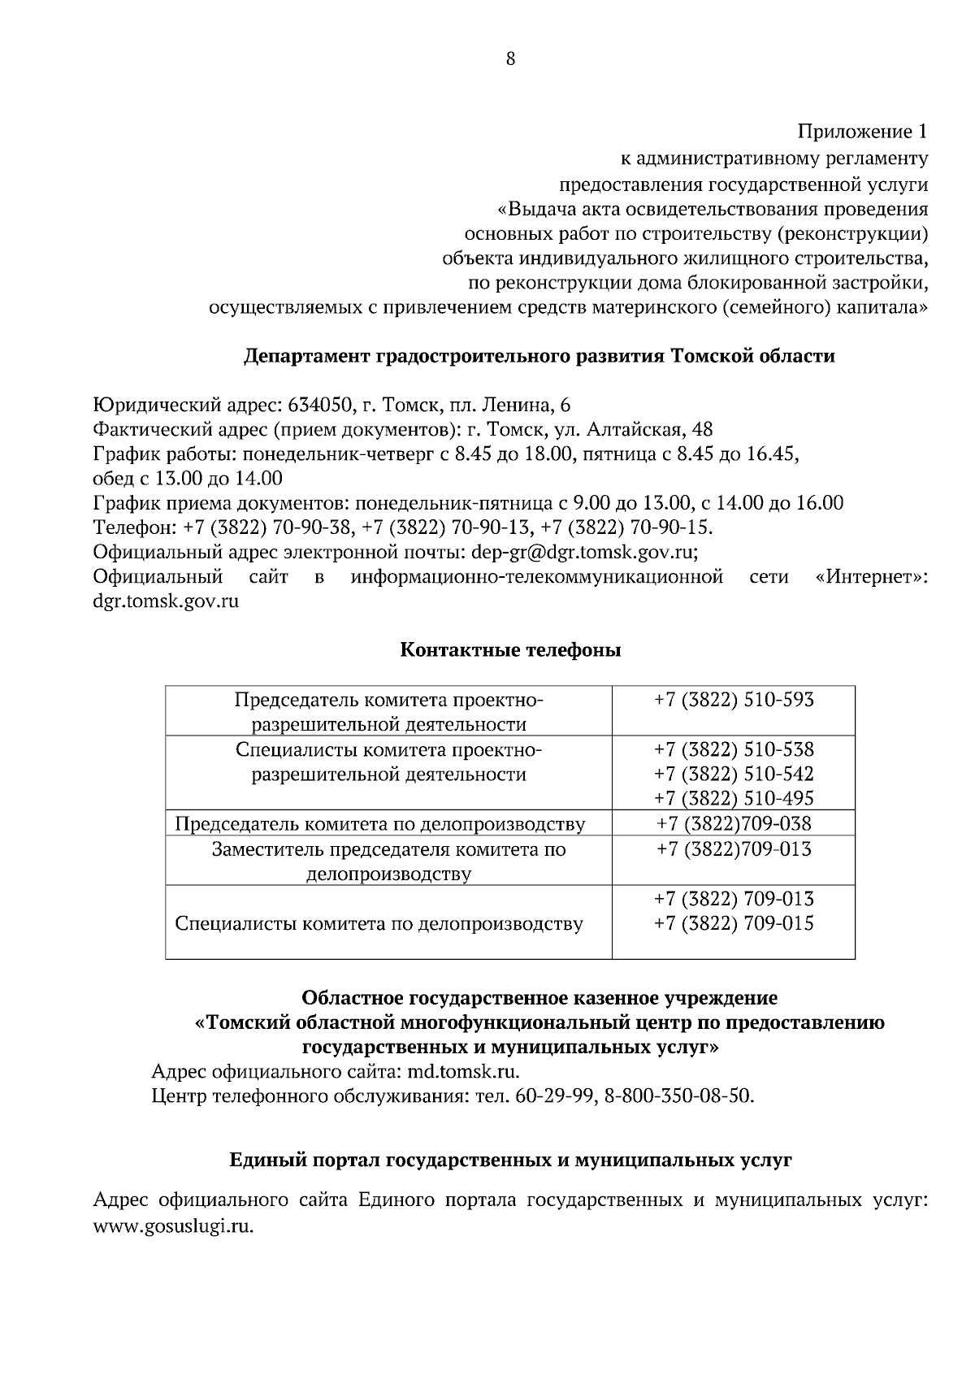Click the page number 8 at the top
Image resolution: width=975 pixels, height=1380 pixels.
tap(510, 59)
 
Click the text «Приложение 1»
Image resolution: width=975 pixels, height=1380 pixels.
tap(862, 132)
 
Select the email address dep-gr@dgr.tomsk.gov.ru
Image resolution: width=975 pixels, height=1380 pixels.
tap(582, 553)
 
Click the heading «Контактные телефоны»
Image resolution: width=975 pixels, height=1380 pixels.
tap(510, 650)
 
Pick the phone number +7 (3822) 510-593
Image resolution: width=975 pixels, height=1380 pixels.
tap(734, 701)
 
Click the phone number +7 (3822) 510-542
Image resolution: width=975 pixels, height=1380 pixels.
tap(734, 774)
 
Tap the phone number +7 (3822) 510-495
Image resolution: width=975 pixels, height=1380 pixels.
tap(734, 798)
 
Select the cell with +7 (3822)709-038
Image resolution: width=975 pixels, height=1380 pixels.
tap(734, 824)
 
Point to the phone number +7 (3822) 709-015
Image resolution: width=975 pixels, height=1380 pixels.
tap(734, 924)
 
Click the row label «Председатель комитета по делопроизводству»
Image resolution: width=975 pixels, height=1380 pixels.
tap(380, 824)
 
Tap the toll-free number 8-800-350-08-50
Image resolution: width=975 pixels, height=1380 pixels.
tap(679, 1096)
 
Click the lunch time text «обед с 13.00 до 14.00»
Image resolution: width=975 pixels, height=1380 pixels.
tap(188, 479)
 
